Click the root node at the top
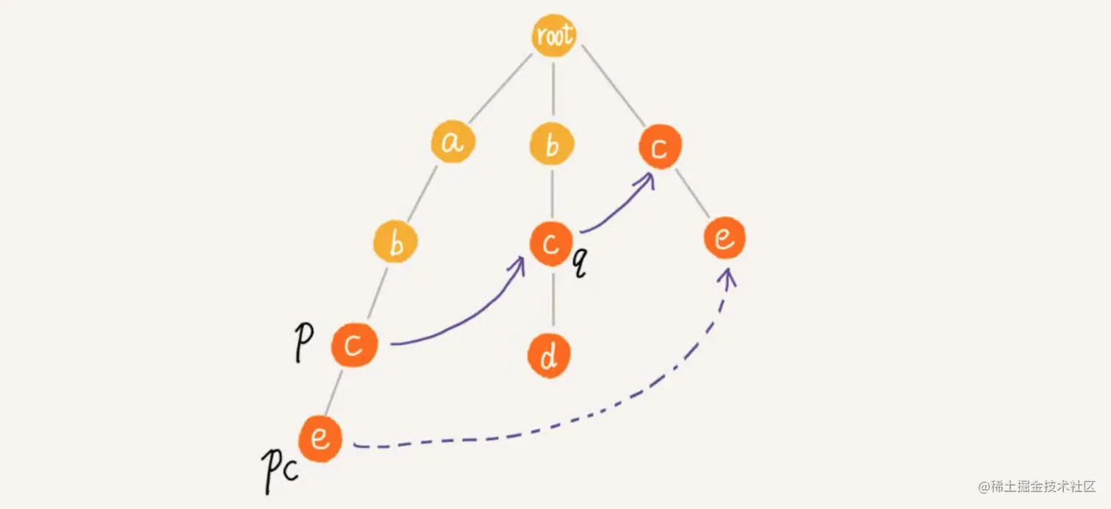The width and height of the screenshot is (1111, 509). pos(553,35)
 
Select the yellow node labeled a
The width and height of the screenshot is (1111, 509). pos(453,143)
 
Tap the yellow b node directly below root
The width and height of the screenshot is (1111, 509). pos(552,145)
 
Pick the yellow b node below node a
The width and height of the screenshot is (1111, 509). pos(395,243)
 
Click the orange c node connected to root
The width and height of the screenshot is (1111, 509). pos(659,148)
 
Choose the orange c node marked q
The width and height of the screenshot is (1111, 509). pos(550,243)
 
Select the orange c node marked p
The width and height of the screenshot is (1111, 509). pos(353,344)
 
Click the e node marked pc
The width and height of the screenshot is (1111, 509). pos(320,439)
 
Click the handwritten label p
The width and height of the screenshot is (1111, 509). pos(301,342)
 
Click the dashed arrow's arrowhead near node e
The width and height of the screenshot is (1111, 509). pos(729,275)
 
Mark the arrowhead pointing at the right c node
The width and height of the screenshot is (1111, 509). pos(648,179)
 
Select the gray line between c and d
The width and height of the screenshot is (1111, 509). pos(551,300)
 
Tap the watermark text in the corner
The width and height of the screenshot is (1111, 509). pos(1036,487)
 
